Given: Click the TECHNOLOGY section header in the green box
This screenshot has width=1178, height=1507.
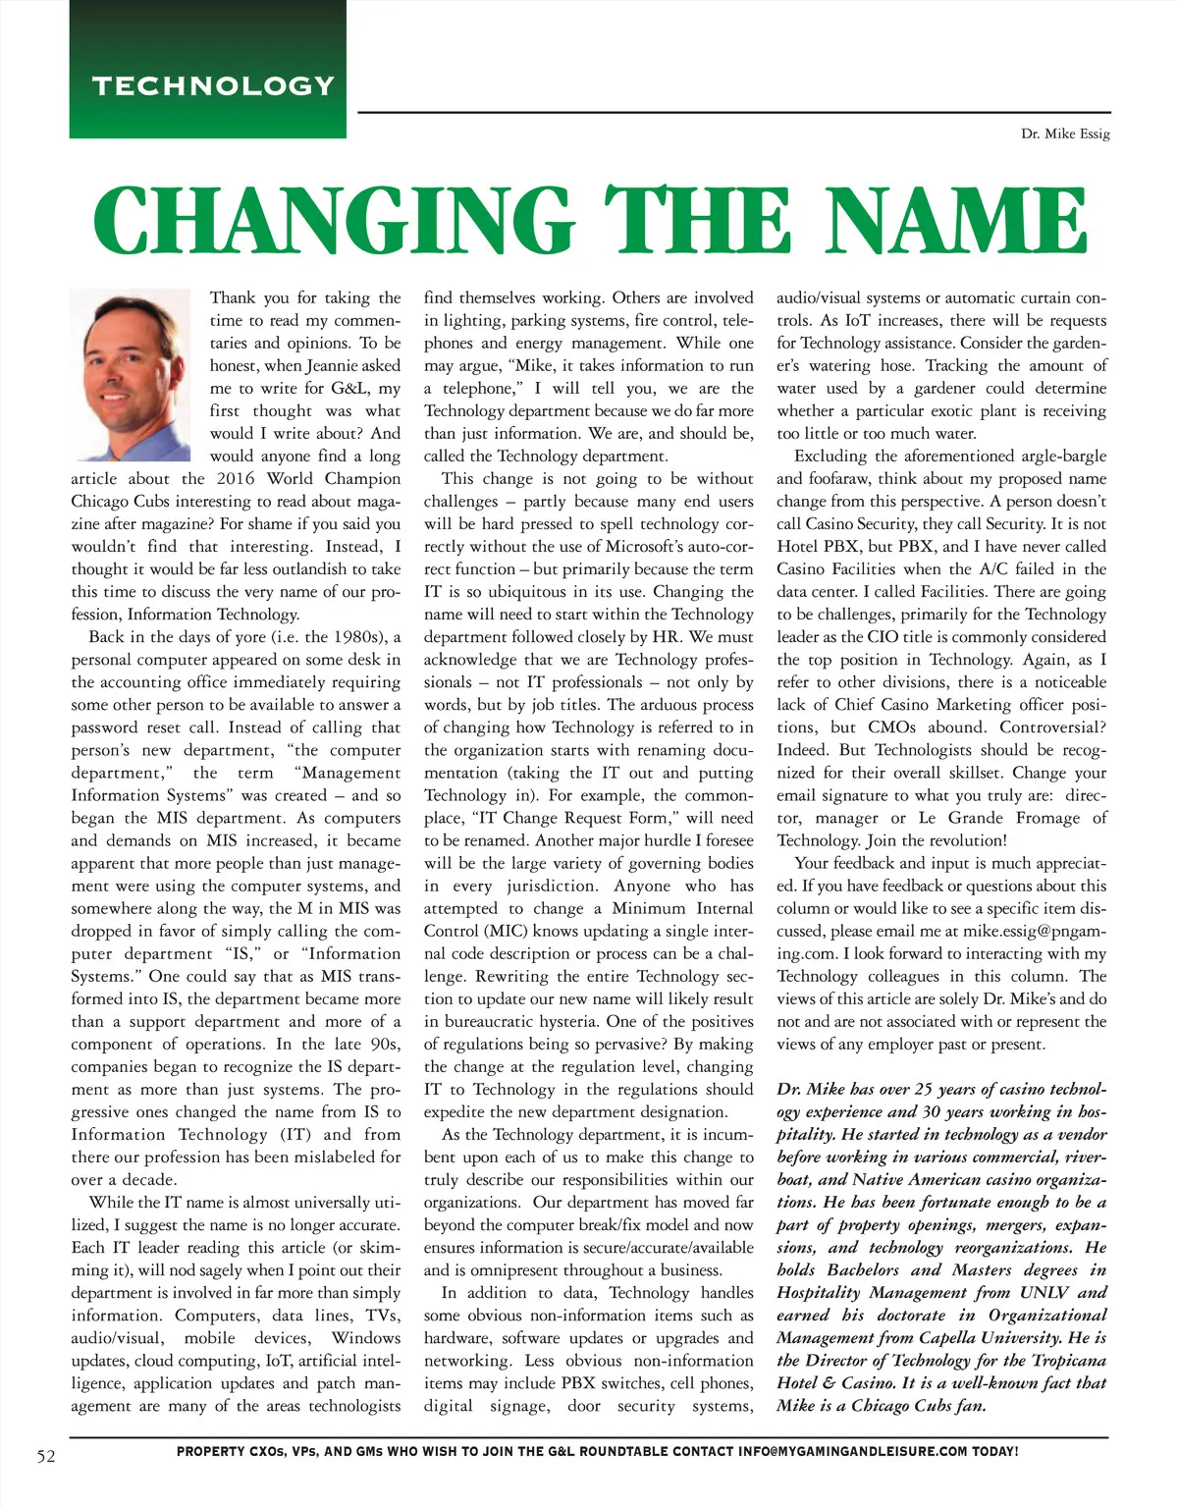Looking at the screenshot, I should pos(214,85).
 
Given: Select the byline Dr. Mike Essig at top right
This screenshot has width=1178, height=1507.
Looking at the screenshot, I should pos(1065,134).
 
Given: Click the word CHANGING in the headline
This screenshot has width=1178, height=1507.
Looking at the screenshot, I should pos(332,221).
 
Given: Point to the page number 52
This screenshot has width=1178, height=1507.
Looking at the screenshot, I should pos(46,1456).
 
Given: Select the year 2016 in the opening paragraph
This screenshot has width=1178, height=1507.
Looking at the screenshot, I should pos(235,478).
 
